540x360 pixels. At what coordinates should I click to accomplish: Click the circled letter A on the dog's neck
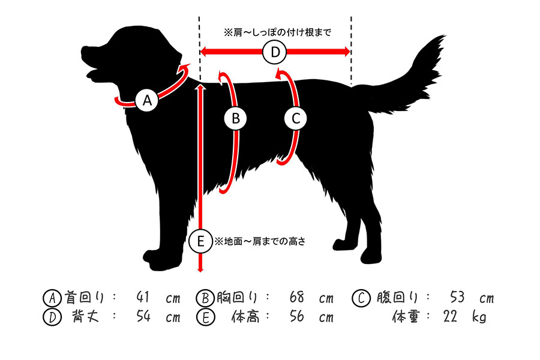(x=147, y=100)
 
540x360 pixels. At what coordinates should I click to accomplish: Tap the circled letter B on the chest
(x=236, y=119)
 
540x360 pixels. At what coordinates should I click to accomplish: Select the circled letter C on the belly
(x=296, y=119)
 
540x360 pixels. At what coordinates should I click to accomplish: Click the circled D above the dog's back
(x=274, y=52)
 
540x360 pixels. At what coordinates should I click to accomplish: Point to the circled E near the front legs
(x=200, y=241)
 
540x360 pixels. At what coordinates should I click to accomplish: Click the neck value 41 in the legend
(x=143, y=297)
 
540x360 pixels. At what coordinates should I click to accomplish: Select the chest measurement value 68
(x=296, y=297)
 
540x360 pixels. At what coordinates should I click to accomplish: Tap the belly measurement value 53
(x=457, y=297)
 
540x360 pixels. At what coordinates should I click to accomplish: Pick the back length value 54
(x=143, y=316)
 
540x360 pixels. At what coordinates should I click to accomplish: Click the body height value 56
(x=296, y=316)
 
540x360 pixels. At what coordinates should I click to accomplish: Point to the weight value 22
(x=450, y=316)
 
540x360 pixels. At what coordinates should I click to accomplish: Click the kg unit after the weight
(x=479, y=317)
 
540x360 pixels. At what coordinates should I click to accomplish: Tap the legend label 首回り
(x=84, y=298)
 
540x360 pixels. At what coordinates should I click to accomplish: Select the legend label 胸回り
(x=237, y=298)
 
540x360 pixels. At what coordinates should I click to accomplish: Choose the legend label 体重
(x=406, y=316)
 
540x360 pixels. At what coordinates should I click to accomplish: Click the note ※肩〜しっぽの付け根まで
(x=278, y=32)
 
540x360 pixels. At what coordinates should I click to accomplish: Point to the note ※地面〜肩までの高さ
(x=260, y=241)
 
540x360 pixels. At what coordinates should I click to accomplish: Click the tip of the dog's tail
(x=445, y=35)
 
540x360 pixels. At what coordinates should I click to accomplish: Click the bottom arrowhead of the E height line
(x=200, y=270)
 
